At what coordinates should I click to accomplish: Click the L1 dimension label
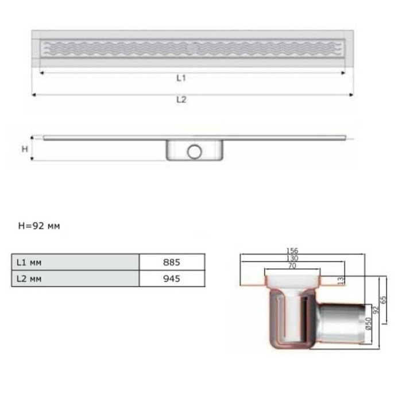coord(181,78)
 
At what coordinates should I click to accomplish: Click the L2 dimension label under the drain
coord(181,99)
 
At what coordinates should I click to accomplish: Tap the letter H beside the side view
coord(25,149)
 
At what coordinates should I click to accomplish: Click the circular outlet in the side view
coord(195,152)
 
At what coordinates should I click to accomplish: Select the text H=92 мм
coord(39,226)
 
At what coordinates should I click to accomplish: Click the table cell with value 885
coord(172,262)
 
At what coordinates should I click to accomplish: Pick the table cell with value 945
coord(172,279)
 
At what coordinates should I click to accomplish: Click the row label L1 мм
coord(29,262)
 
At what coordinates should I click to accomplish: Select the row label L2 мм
coord(29,279)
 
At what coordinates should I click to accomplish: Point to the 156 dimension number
coord(292,250)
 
